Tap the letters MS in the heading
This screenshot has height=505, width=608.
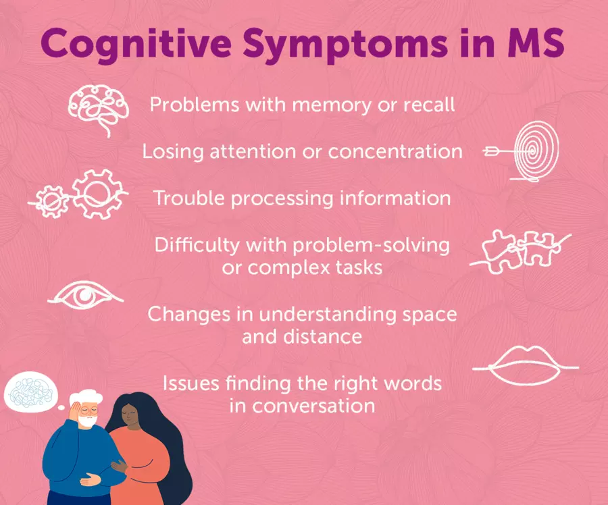536,43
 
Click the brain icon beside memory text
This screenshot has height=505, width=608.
99,109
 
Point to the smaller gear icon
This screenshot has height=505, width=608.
51,201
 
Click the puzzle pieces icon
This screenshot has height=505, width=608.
520,252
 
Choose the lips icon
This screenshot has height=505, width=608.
526,365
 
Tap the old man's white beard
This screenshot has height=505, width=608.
88,420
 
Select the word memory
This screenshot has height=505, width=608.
332,105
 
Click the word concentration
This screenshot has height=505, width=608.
395,151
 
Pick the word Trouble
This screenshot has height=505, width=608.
189,198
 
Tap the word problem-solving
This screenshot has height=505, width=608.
371,245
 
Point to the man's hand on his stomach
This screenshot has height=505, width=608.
91,479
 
